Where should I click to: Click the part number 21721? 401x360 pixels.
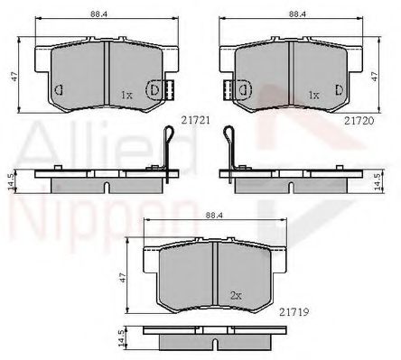point(195,120)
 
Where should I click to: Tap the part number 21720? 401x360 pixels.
point(359,121)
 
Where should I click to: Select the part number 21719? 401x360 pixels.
point(294,312)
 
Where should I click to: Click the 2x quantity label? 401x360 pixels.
point(236,296)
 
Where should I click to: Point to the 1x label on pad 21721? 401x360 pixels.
point(126,96)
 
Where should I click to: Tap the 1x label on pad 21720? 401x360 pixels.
point(313,96)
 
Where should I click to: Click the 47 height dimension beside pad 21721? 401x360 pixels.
point(14,76)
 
